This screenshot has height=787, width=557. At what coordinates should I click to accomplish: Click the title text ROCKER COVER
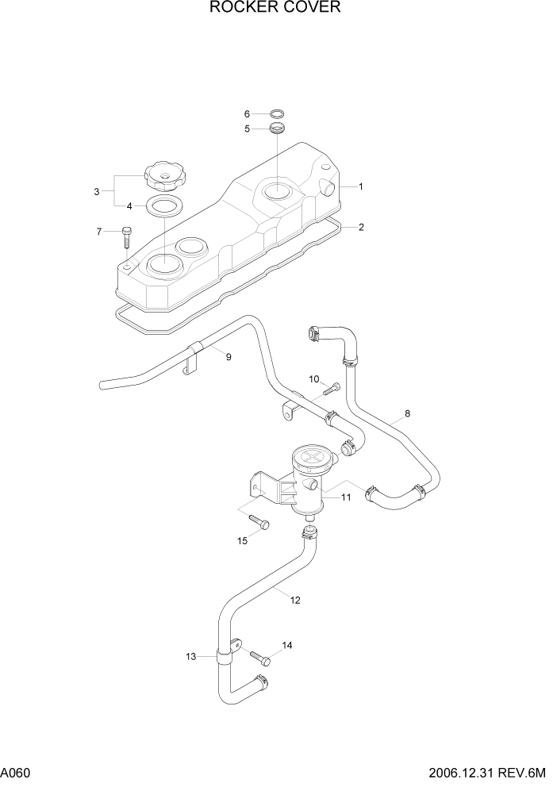[275, 9]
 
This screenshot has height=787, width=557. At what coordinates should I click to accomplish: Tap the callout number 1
[360, 187]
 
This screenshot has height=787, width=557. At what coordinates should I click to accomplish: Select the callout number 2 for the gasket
[361, 227]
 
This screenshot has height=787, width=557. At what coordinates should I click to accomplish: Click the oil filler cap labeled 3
[163, 176]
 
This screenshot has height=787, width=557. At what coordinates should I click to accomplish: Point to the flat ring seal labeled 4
[164, 208]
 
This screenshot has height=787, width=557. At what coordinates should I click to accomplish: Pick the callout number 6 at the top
[247, 113]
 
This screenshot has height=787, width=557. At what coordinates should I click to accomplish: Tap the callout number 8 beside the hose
[407, 413]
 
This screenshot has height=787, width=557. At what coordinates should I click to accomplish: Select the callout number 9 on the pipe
[229, 358]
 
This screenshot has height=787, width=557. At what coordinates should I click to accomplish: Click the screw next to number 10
[333, 387]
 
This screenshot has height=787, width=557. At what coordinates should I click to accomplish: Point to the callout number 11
[346, 497]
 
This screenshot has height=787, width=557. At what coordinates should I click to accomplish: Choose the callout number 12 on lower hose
[295, 600]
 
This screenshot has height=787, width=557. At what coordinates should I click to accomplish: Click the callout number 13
[191, 656]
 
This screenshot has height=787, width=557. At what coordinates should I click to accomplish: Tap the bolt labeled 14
[260, 658]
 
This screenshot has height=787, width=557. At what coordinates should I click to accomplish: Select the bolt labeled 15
[259, 521]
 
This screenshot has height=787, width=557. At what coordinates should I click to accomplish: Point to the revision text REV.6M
[531, 773]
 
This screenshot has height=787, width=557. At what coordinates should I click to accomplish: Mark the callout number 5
[247, 128]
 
